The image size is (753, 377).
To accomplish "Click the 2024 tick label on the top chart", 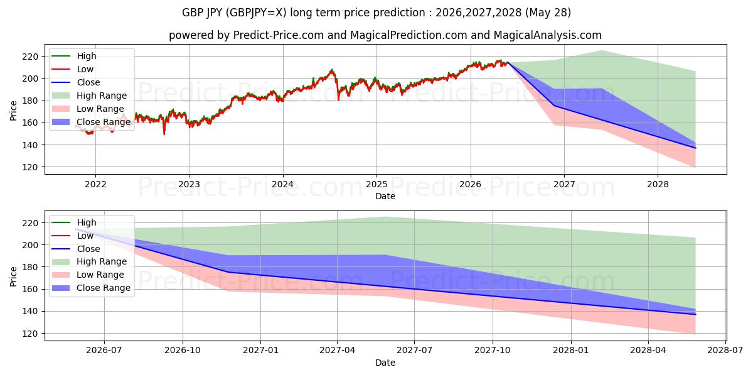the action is pyautogui.click(x=283, y=185).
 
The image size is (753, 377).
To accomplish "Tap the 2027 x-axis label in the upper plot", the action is pyautogui.click(x=564, y=185).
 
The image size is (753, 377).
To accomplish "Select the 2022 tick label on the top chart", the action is pyautogui.click(x=95, y=185).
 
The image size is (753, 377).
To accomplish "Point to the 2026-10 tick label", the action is pyautogui.click(x=183, y=351).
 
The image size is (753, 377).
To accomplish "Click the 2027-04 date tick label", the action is pyautogui.click(x=337, y=351).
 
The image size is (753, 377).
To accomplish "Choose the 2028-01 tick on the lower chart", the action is pyautogui.click(x=571, y=351).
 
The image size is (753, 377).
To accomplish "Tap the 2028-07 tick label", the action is pyautogui.click(x=725, y=351).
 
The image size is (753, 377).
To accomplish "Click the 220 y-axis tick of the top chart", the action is pyautogui.click(x=30, y=57).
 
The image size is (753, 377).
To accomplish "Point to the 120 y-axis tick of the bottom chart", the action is pyautogui.click(x=30, y=334).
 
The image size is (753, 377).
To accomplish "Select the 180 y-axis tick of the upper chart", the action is pyautogui.click(x=30, y=101).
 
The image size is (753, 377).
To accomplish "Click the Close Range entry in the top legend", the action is pyautogui.click(x=91, y=122).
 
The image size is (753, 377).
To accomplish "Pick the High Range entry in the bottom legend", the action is pyautogui.click(x=89, y=261).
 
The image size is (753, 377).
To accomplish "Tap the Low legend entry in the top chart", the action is pyautogui.click(x=73, y=69).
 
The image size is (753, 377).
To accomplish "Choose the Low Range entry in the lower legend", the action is pyautogui.click(x=88, y=275).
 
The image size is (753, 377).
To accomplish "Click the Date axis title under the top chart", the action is pyautogui.click(x=385, y=196).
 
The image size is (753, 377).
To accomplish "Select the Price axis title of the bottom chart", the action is pyautogui.click(x=13, y=276).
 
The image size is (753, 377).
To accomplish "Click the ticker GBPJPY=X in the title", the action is pyautogui.click(x=256, y=13).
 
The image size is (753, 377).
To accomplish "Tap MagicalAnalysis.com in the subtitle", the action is pyautogui.click(x=548, y=35).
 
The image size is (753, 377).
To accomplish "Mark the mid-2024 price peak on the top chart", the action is pyautogui.click(x=332, y=70).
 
